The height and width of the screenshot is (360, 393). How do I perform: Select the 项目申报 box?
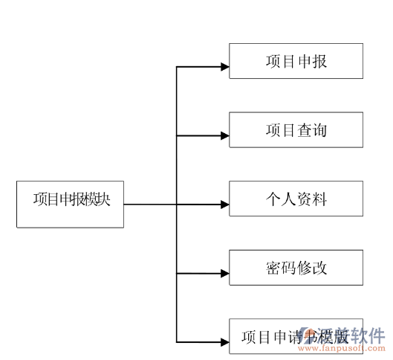[296, 61]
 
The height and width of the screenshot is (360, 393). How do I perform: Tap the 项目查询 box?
[296, 130]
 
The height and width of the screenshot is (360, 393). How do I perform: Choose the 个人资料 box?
[296, 199]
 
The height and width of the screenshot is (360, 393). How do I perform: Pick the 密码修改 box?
[296, 268]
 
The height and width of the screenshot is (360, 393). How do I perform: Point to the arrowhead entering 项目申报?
[224, 67]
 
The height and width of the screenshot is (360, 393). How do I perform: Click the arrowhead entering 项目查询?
[224, 136]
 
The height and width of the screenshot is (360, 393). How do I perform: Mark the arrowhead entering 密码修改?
[224, 274]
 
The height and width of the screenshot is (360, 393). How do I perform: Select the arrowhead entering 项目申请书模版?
[224, 342]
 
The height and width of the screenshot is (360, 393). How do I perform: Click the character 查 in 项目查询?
[303, 130]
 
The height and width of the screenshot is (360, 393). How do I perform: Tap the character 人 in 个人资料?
[288, 199]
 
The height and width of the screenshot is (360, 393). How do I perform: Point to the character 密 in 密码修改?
[273, 268]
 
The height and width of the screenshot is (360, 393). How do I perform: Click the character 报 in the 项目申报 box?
[318, 61]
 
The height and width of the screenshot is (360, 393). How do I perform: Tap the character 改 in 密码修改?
[319, 268]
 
